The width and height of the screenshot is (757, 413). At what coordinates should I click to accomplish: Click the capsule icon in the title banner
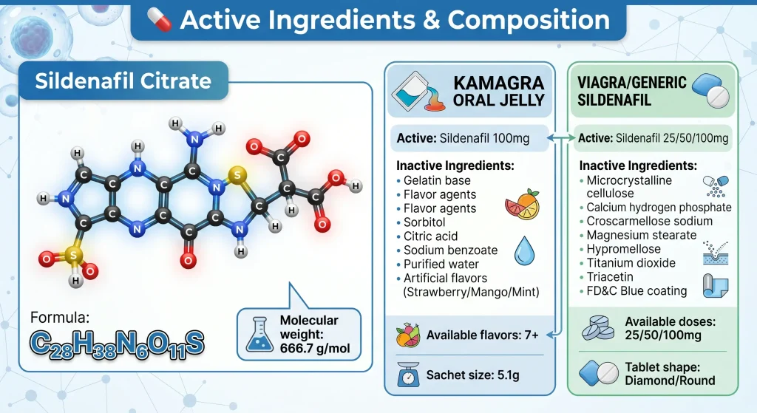(x=160, y=20)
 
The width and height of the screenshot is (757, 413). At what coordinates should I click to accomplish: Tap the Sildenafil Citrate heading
(x=123, y=81)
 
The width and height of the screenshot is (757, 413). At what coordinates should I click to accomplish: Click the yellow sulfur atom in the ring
(x=237, y=174)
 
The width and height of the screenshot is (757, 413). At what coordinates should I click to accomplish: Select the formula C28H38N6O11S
(x=117, y=344)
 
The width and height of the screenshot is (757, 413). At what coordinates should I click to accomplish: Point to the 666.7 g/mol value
(x=315, y=348)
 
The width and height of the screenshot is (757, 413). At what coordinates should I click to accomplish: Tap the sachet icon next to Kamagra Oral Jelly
(x=418, y=92)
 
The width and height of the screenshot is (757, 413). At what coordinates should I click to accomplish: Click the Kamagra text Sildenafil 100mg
(x=484, y=138)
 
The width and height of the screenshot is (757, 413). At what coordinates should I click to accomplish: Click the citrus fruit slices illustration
(x=522, y=205)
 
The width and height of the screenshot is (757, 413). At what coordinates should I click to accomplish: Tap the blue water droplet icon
(x=524, y=250)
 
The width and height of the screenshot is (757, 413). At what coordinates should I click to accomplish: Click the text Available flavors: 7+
(x=482, y=335)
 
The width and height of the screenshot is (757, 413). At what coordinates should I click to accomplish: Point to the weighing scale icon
(x=408, y=375)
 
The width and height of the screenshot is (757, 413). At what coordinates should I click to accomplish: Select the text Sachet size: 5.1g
(x=472, y=375)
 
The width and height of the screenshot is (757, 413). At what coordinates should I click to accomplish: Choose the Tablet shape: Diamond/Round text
(x=670, y=373)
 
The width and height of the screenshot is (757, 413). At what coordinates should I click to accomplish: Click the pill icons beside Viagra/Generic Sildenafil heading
(x=711, y=90)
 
